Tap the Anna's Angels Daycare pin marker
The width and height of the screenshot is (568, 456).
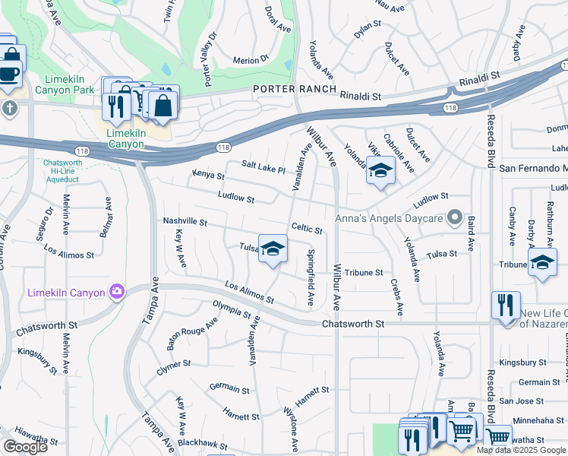coord(454,219)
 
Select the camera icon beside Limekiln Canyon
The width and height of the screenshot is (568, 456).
coord(116,292)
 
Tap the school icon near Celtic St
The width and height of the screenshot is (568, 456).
coord(273,249)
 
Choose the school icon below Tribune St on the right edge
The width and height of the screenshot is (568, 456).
coord(541,264)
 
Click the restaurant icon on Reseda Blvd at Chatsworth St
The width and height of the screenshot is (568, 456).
coord(506,306)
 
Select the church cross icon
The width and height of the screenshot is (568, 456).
coord(9,107)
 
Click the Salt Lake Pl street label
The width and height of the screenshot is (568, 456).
coord(263,168)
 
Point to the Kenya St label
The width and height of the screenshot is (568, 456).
coord(208,176)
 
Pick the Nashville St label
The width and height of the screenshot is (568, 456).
coord(185,222)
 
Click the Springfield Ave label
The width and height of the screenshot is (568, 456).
coord(310,277)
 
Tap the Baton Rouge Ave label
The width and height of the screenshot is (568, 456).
coord(192,334)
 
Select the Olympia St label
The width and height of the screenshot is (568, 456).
coord(232,310)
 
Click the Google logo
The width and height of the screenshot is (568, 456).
coord(26,447)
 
